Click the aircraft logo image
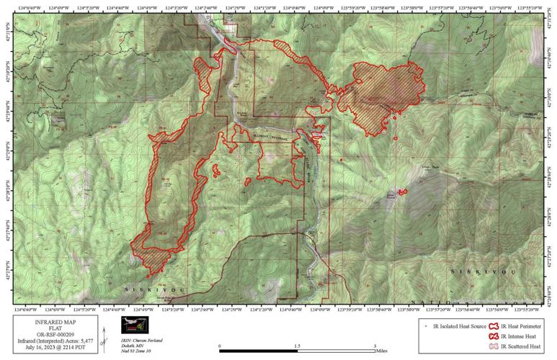click(134, 325)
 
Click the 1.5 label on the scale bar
click(297, 346)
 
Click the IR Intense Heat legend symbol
click(494, 336)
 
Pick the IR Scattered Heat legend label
click(522, 346)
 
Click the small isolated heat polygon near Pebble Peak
click(402, 192)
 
